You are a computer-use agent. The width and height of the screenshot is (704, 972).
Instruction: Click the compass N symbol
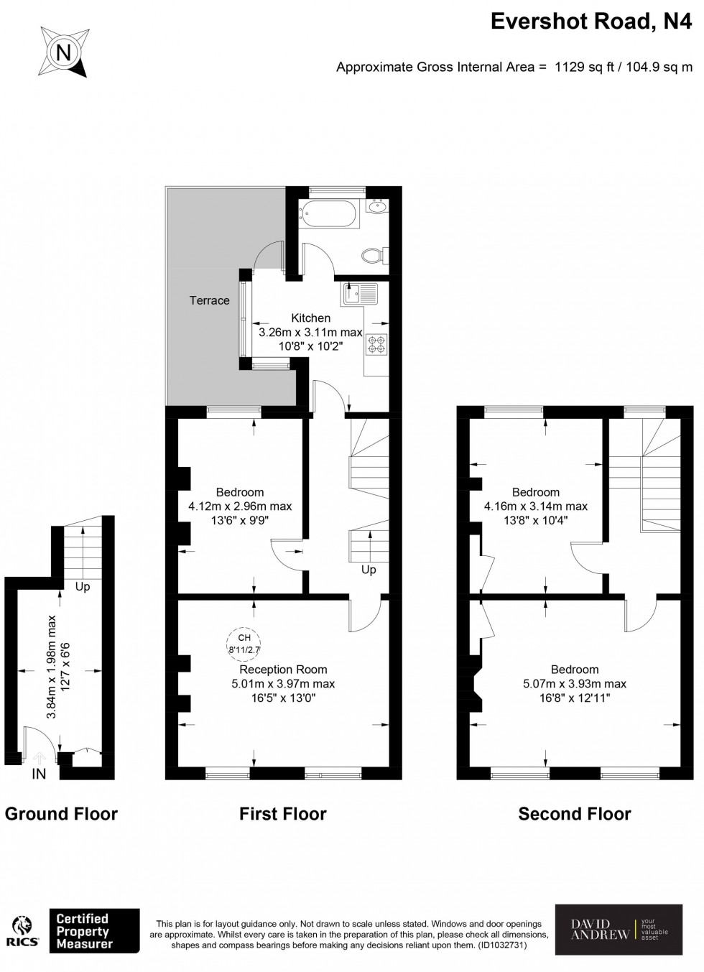pos(64,52)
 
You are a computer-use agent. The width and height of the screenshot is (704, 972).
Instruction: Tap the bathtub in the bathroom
pos(328,213)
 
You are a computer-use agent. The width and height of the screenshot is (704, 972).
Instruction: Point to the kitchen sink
pos(360,294)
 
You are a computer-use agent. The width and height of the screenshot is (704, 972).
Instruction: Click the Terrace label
pos(209,300)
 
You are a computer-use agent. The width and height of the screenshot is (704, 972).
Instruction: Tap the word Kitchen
pos(310,318)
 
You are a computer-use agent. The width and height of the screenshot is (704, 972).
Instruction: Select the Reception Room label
pos(283,669)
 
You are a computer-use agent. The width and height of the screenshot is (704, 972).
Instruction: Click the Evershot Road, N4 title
pos(590,22)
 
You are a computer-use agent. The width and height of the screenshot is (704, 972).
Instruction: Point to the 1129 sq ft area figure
pos(583,68)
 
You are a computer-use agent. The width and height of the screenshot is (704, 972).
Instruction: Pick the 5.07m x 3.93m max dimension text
pos(574,684)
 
